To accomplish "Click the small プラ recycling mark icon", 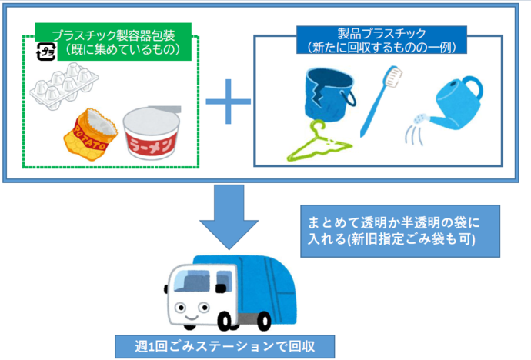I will (x=46, y=52).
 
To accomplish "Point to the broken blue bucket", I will (x=326, y=92).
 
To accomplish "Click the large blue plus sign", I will (x=228, y=100).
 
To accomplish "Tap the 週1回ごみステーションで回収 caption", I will (x=225, y=346).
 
